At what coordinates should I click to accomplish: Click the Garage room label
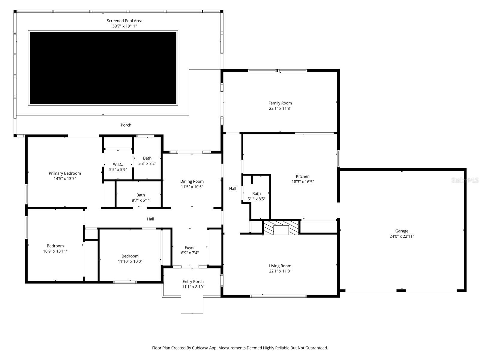(x=401, y=231)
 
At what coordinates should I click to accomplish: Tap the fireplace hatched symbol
(x=281, y=228)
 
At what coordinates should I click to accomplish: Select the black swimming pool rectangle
(x=103, y=68)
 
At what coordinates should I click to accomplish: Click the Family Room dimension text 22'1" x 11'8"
(x=280, y=109)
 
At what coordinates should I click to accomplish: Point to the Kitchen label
(x=302, y=176)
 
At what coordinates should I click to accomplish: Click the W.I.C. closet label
(x=118, y=164)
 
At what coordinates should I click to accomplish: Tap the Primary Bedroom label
(x=65, y=173)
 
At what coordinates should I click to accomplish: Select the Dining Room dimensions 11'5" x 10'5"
(x=192, y=187)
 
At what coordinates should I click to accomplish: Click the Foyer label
(x=190, y=247)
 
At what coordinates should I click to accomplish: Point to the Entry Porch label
(x=193, y=281)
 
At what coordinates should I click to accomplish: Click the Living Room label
(x=280, y=266)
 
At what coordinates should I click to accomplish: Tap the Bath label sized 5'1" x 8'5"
(x=256, y=193)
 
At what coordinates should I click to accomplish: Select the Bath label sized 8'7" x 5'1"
(x=140, y=195)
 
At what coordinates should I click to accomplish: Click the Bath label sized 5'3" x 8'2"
(x=147, y=158)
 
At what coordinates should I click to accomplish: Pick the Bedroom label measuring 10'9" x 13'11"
(x=55, y=246)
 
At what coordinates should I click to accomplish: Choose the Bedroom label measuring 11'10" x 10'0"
(x=130, y=256)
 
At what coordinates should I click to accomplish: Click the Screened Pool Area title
(x=124, y=21)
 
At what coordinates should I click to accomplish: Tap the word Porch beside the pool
(x=126, y=125)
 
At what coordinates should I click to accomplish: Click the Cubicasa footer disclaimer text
(x=240, y=348)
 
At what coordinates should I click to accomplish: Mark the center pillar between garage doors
(x=401, y=290)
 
